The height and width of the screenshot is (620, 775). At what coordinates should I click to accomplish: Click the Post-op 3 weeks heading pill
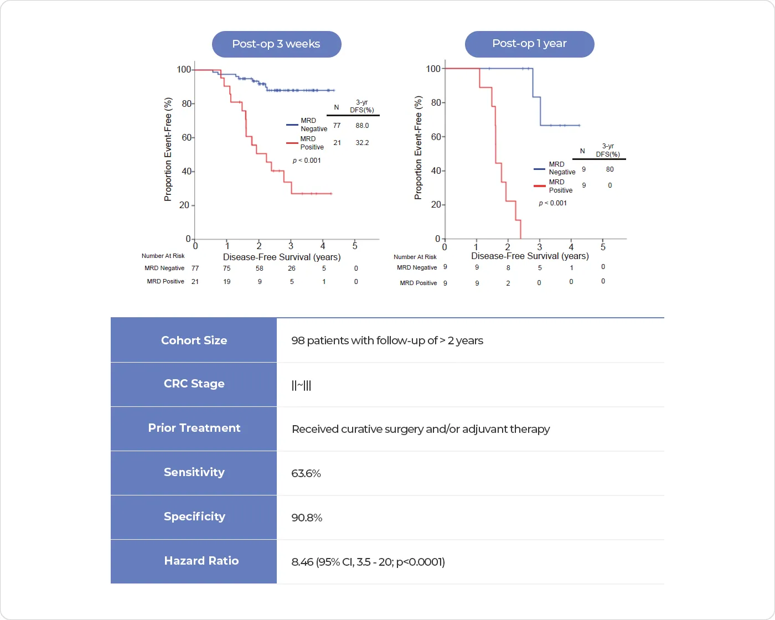(276, 44)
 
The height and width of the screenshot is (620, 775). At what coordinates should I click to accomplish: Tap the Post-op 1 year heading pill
(529, 44)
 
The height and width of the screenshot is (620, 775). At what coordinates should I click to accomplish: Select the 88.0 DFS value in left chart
(362, 126)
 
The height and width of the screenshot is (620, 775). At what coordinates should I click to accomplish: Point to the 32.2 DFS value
(362, 143)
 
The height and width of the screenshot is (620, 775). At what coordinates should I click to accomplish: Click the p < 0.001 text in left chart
(307, 161)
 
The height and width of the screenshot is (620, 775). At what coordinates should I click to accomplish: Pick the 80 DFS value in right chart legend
(609, 169)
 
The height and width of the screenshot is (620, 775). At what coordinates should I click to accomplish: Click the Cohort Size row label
(194, 340)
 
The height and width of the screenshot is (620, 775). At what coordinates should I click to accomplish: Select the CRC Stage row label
(194, 384)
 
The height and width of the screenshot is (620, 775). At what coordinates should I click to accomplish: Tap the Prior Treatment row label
(194, 428)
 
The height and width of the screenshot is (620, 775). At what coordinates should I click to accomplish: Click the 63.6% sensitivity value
(306, 473)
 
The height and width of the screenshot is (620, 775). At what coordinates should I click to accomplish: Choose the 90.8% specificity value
(307, 518)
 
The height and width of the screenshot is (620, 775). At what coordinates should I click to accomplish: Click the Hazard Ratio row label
(201, 561)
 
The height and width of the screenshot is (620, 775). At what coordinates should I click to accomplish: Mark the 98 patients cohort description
(387, 340)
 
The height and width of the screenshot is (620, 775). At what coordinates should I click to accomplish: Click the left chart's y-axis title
(168, 149)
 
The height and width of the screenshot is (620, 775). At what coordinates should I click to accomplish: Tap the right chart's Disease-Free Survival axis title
(530, 256)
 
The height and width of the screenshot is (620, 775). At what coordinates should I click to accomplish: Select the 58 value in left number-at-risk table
(260, 268)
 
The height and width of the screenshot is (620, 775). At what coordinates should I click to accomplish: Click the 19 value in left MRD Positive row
(227, 282)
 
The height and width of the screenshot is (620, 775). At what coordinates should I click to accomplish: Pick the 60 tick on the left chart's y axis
(187, 137)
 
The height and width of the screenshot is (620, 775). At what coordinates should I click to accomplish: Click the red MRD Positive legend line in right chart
(540, 186)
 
